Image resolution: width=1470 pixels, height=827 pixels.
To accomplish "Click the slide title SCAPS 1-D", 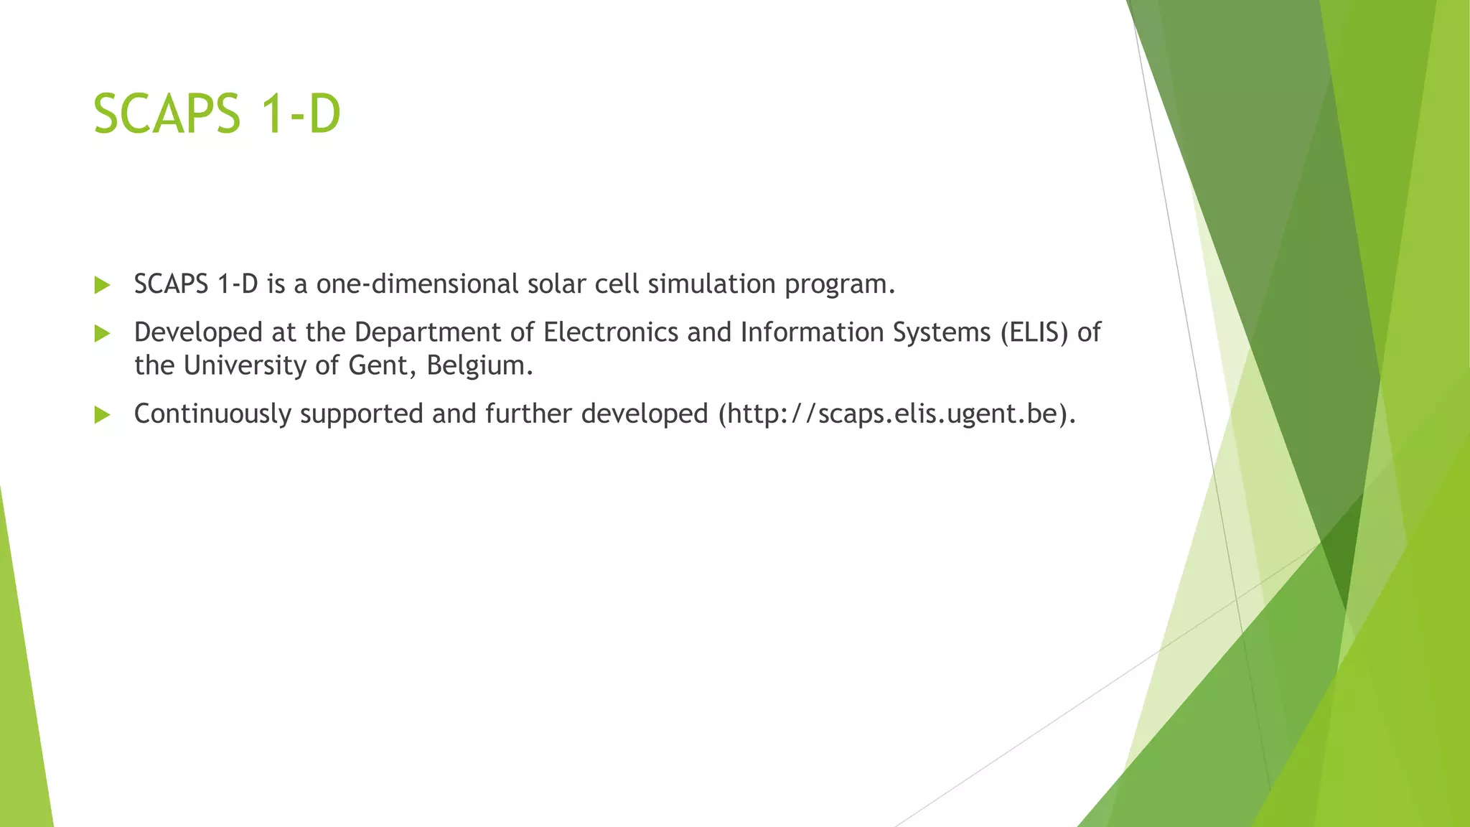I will click(217, 114).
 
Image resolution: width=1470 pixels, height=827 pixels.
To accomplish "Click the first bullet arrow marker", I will click(102, 285).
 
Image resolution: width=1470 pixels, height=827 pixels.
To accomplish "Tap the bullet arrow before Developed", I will click(102, 333).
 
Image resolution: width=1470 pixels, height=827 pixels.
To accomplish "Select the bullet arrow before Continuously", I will click(102, 414).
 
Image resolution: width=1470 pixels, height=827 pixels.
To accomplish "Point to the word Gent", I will click(378, 366).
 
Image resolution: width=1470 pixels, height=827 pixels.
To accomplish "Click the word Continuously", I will click(212, 414).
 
